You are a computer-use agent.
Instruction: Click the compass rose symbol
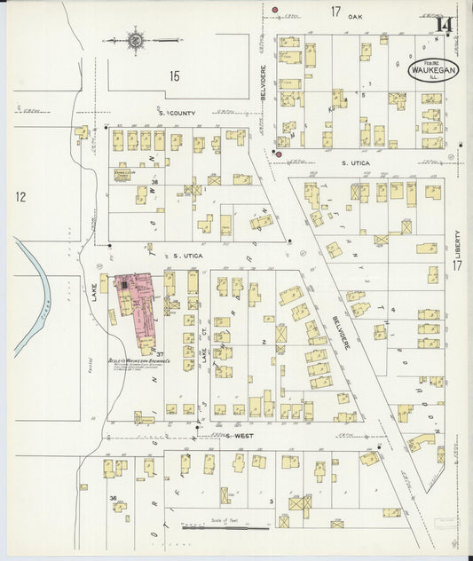coord(136,40)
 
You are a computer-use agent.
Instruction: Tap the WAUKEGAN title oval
coord(430,71)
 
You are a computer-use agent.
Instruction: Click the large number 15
coord(174,76)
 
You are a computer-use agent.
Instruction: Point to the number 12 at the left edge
coord(20,196)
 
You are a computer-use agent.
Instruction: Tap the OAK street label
coord(356,16)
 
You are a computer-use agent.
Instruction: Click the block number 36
coord(114,498)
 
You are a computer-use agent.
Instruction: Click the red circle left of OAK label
coord(275,11)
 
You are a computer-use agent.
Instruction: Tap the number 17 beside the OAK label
coord(335,12)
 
